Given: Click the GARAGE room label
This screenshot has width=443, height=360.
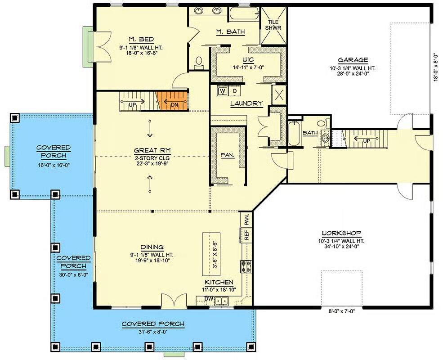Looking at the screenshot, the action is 353,60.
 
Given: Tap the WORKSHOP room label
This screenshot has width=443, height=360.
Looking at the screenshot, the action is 341,233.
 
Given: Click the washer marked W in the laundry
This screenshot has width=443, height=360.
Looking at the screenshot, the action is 223,91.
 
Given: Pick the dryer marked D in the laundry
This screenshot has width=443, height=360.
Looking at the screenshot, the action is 234,91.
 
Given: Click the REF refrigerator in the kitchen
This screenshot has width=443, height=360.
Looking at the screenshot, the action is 246,235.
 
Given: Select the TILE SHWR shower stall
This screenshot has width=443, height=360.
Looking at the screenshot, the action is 273,26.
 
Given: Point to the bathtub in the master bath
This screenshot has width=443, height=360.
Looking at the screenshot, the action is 243,13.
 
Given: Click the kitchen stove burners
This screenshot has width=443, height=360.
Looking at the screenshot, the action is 246,266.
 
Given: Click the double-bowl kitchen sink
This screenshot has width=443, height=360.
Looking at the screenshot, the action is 221,301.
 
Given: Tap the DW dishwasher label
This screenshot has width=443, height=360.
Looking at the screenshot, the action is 209,298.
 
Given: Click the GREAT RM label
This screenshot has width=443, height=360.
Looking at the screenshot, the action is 152,150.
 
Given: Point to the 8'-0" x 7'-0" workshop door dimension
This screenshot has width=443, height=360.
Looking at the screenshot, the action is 341,311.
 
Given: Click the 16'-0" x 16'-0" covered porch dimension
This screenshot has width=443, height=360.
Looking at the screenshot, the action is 54,164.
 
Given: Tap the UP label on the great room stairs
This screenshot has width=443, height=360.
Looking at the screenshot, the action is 132,105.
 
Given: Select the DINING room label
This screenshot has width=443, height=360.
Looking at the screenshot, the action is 152,247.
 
